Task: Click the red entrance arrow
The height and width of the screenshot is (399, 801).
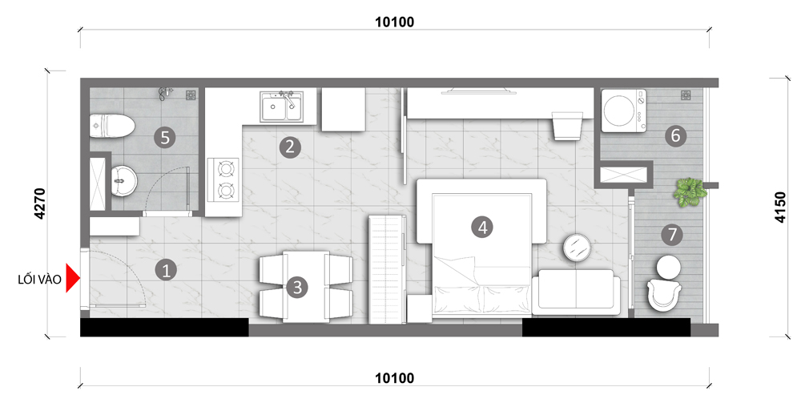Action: pyautogui.click(x=73, y=279)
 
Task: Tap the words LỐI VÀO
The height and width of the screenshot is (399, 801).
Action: pyautogui.click(x=39, y=280)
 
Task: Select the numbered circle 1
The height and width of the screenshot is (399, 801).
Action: pyautogui.click(x=166, y=270)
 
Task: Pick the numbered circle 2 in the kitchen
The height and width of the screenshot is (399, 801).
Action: pyautogui.click(x=290, y=147)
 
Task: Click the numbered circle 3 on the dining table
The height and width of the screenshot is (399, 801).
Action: pyautogui.click(x=298, y=287)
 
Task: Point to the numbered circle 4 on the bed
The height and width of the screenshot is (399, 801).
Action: pyautogui.click(x=483, y=228)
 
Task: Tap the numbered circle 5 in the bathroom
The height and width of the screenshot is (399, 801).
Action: pyautogui.click(x=165, y=138)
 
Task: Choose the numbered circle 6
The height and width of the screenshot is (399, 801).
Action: pyautogui.click(x=675, y=136)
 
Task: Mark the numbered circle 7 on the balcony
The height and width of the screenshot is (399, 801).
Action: pyautogui.click(x=672, y=235)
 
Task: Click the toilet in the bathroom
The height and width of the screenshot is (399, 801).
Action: pyautogui.click(x=112, y=126)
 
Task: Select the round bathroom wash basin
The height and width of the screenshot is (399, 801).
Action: pyautogui.click(x=123, y=180)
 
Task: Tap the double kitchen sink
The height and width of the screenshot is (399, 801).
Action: pyautogui.click(x=281, y=107)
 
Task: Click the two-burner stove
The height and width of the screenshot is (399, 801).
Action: pyautogui.click(x=223, y=179)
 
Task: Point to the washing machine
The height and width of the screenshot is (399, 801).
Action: pyautogui.click(x=623, y=111)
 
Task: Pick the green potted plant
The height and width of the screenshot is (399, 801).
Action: pyautogui.click(x=690, y=192)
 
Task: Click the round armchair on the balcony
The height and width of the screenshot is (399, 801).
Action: pyautogui.click(x=665, y=294)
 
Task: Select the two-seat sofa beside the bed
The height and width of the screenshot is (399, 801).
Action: pyautogui.click(x=576, y=292)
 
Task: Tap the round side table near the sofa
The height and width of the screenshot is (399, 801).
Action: pyautogui.click(x=578, y=248)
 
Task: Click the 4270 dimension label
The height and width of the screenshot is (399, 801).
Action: pyautogui.click(x=40, y=204)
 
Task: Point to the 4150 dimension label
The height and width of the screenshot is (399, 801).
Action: pyautogui.click(x=779, y=207)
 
